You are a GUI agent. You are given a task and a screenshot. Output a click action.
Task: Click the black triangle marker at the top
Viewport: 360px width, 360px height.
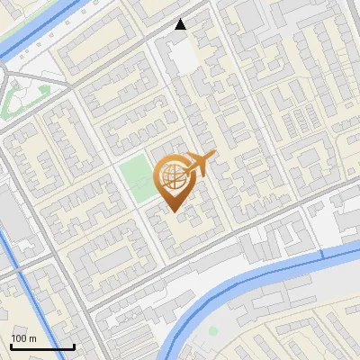[x=181, y=24]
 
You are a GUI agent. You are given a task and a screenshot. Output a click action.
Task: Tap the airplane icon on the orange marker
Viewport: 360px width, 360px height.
[x=199, y=165]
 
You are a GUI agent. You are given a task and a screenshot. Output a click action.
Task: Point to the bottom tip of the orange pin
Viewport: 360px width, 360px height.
[x=173, y=211]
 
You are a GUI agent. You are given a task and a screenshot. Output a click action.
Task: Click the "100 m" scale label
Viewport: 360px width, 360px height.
[x=23, y=338]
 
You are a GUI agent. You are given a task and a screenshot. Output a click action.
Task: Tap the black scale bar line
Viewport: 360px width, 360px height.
[x=42, y=346]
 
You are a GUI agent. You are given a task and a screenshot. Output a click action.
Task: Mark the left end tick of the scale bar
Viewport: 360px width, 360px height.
[x=11, y=345]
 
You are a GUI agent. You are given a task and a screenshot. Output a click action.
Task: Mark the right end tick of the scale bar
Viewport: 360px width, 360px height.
[x=74, y=345]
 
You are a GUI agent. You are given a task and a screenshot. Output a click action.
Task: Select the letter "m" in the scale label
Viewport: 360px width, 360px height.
[x=32, y=338]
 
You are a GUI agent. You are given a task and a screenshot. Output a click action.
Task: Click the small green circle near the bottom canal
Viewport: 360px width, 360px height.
[x=213, y=331]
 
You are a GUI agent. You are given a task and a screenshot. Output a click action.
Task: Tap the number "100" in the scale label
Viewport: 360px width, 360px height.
[x=19, y=338]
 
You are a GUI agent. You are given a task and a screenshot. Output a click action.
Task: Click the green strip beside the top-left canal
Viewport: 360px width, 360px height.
[x=18, y=36]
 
